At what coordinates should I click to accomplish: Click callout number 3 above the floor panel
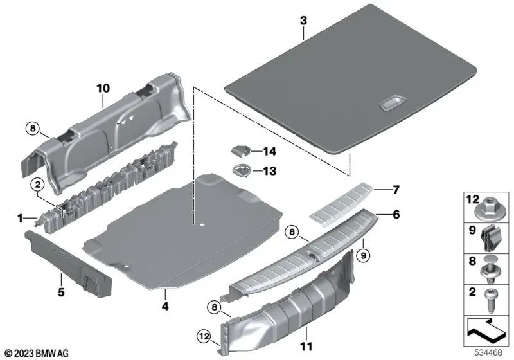(303, 21)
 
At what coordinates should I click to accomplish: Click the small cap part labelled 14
(238, 150)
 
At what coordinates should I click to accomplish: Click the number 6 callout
(396, 214)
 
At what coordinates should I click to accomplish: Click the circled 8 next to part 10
(33, 127)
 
